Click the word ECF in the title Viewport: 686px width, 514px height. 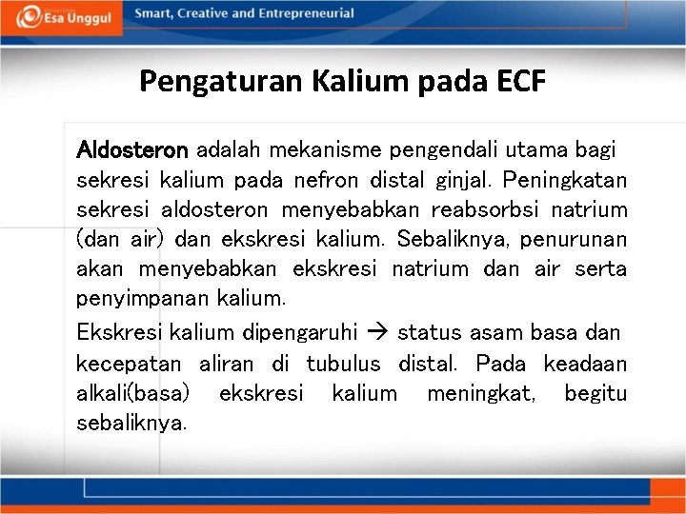(x=521, y=81)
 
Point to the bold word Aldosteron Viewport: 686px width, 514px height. (x=133, y=149)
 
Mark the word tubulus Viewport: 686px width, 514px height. (x=343, y=364)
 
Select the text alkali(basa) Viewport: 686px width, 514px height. (x=132, y=393)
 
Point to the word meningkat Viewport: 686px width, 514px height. (x=480, y=393)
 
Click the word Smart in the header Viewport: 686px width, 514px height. (x=153, y=14)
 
